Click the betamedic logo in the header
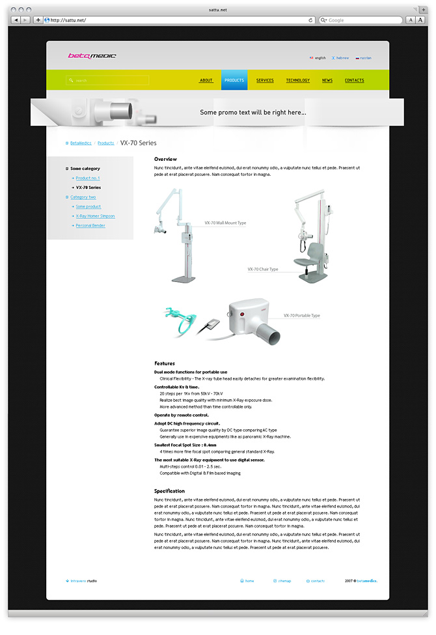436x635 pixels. coord(92,55)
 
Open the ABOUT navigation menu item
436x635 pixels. coord(206,81)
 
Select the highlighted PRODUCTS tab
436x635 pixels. coord(234,81)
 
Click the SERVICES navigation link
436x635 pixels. coord(265,81)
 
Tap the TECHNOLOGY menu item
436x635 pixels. coord(298,81)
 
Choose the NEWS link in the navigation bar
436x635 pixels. coord(327,81)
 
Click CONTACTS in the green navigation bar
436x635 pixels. coord(355,81)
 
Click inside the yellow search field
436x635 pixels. coord(108,81)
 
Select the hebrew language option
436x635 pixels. coord(342,58)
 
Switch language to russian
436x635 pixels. coord(366,58)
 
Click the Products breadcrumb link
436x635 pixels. coord(105,143)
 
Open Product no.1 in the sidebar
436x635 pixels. coord(87,178)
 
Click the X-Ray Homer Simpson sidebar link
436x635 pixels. coord(95,216)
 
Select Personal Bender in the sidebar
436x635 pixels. coord(90,225)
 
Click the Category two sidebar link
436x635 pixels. coord(83,197)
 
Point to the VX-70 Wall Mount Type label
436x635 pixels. coord(225,223)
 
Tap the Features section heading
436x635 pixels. coord(165,363)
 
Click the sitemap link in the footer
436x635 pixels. coord(284,580)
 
